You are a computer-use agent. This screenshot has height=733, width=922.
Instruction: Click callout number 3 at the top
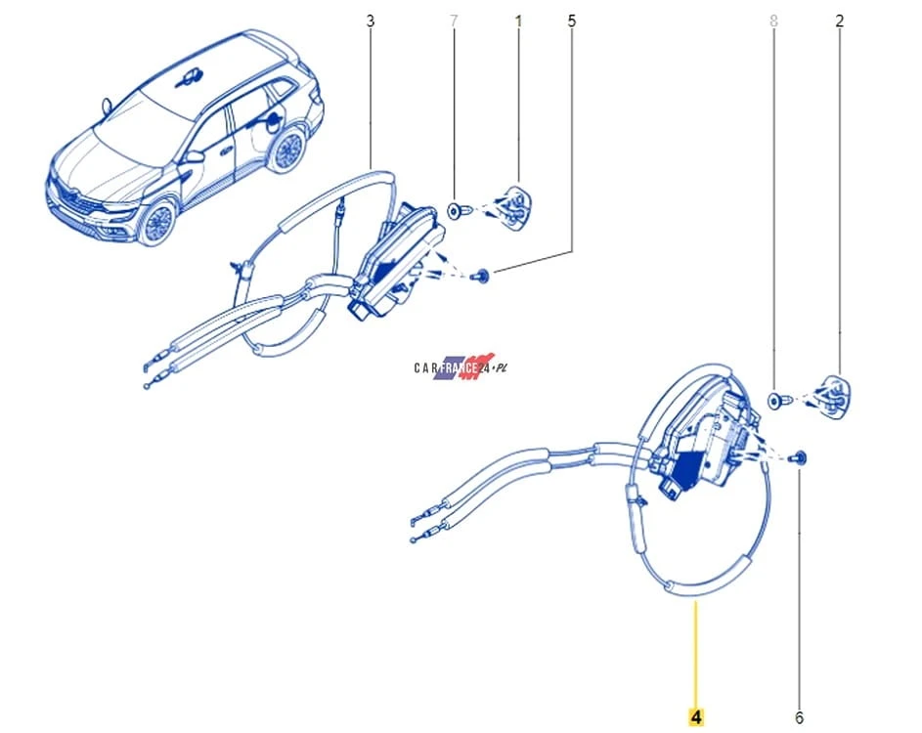pyautogui.click(x=370, y=22)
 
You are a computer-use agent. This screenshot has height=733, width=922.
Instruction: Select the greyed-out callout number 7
pyautogui.click(x=454, y=22)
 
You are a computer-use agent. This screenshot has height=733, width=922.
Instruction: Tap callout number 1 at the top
pyautogui.click(x=518, y=22)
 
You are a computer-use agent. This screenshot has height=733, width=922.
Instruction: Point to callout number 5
pyautogui.click(x=572, y=22)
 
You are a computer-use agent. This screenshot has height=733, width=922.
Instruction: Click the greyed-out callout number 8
pyautogui.click(x=773, y=22)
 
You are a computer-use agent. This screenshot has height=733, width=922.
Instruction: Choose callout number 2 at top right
pyautogui.click(x=839, y=22)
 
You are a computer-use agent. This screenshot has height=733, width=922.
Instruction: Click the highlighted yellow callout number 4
pyautogui.click(x=696, y=717)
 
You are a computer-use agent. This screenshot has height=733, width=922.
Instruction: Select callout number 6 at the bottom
pyautogui.click(x=799, y=717)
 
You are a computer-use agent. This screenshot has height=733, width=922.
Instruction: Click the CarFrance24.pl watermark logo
pyautogui.click(x=461, y=367)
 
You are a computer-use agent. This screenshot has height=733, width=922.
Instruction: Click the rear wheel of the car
pyautogui.click(x=287, y=151)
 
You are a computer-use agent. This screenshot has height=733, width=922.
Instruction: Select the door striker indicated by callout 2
pyautogui.click(x=830, y=396)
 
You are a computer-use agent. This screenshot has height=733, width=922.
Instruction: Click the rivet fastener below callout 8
pyautogui.click(x=777, y=401)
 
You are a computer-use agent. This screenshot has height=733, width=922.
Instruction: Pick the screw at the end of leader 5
pyautogui.click(x=482, y=275)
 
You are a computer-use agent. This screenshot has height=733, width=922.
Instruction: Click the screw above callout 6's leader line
pyautogui.click(x=799, y=458)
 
